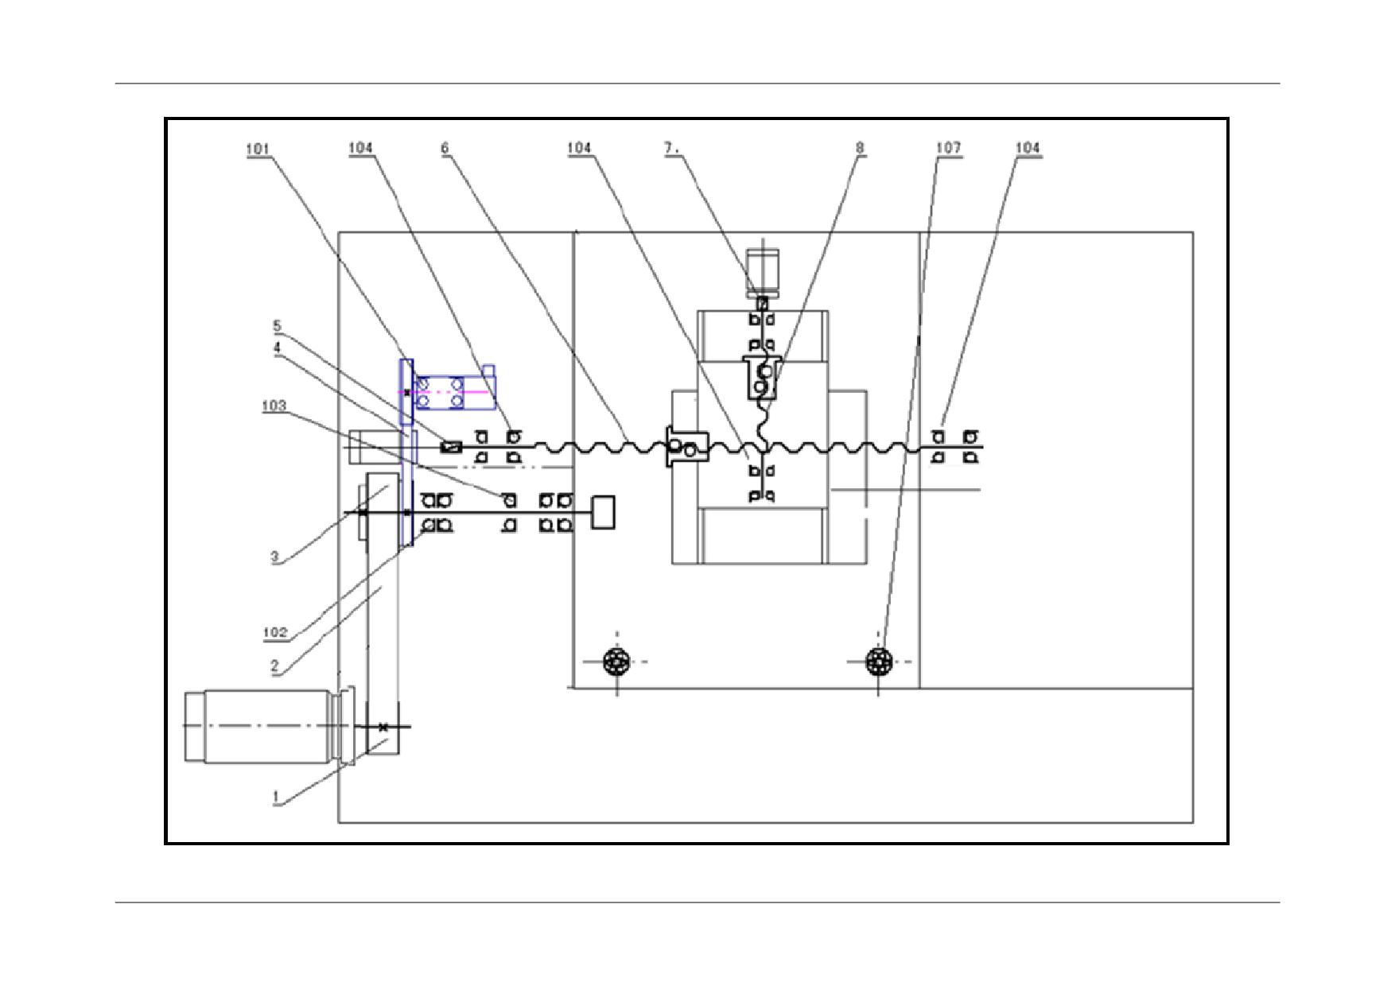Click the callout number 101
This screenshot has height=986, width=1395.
(x=258, y=148)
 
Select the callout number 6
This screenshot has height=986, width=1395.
(x=445, y=148)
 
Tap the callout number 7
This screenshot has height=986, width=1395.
(x=671, y=148)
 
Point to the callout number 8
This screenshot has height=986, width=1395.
(x=860, y=148)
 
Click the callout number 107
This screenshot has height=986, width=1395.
(x=948, y=148)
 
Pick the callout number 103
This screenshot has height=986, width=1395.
(x=274, y=406)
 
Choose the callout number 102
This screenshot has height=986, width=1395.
(x=274, y=633)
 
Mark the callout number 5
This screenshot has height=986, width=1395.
(x=277, y=326)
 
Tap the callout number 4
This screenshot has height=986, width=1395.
(x=277, y=347)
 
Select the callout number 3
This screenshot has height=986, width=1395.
(x=275, y=557)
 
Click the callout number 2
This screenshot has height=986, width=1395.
(x=275, y=666)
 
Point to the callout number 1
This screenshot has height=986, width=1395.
(x=275, y=797)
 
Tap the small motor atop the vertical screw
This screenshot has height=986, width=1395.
(x=762, y=273)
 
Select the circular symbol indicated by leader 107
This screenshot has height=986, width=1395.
(x=878, y=661)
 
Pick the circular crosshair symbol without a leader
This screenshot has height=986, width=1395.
(x=617, y=661)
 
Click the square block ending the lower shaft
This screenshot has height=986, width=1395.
(x=604, y=512)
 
